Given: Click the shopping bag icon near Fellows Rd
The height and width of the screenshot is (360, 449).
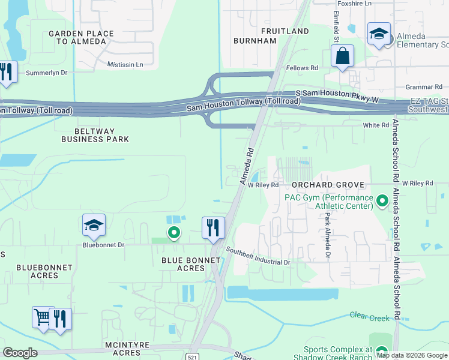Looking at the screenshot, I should [x=342, y=57].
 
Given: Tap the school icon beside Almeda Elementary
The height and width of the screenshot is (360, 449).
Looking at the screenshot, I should [x=379, y=34].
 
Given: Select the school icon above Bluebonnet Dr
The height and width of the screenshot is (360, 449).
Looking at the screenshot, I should [x=94, y=226].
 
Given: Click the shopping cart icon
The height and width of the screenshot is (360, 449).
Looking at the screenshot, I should [x=42, y=317].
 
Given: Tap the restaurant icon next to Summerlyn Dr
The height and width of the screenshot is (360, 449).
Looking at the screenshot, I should [x=6, y=73].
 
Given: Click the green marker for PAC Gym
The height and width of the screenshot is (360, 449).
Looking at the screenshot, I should [x=381, y=200].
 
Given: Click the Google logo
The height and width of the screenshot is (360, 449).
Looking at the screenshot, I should [x=20, y=352].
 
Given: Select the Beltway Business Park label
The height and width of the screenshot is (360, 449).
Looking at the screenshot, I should [x=95, y=135].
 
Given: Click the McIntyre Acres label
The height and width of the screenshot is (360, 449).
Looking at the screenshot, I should [x=122, y=348].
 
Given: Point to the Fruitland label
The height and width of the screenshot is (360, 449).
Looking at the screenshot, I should [x=286, y=31].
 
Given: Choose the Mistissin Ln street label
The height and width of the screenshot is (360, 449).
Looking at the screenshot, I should [x=125, y=64].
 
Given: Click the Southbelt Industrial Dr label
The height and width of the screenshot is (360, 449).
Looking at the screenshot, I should [x=258, y=256].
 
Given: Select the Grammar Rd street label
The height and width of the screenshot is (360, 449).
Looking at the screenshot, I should [x=424, y=88].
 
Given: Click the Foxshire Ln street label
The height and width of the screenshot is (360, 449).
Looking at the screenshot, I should [x=355, y=4].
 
